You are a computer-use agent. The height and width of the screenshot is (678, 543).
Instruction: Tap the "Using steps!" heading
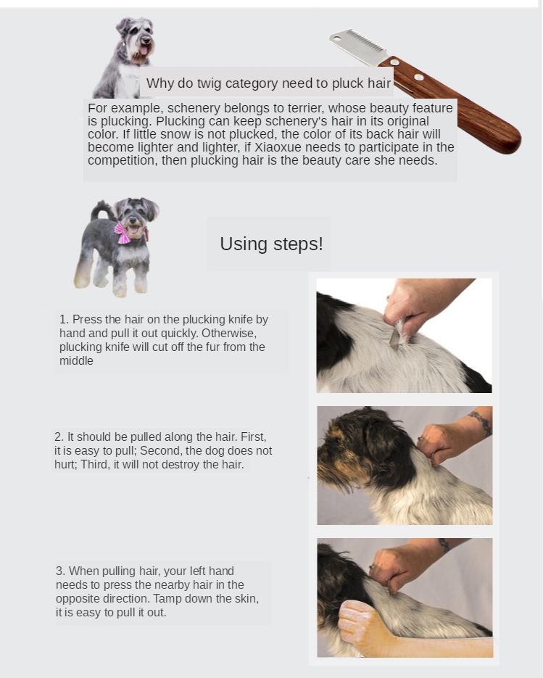pos(271,244)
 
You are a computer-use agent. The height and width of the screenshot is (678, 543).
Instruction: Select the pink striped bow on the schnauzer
pos(123,233)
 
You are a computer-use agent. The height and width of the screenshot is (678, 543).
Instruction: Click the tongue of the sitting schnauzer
pos(144,51)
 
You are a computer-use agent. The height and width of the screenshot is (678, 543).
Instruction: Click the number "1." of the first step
pos(64,320)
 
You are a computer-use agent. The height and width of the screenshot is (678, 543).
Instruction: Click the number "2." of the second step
pos(59,437)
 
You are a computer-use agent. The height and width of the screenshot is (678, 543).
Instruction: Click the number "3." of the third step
pos(60,571)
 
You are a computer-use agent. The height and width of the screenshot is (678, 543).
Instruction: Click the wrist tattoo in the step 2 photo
pos(481,421)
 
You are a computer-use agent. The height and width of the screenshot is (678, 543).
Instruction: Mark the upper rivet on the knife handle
pos(394,62)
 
